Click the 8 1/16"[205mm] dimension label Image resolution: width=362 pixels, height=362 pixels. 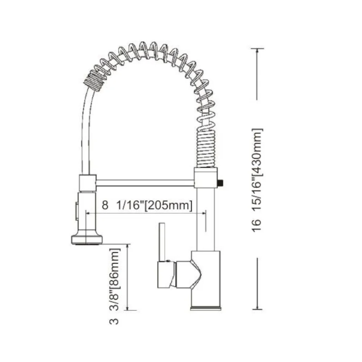(146, 205)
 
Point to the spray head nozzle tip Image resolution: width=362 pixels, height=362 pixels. (87, 240)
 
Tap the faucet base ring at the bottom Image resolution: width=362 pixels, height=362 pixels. (205, 308)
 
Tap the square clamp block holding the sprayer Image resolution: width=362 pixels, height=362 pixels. (87, 183)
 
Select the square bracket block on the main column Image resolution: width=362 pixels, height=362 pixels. (206, 178)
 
